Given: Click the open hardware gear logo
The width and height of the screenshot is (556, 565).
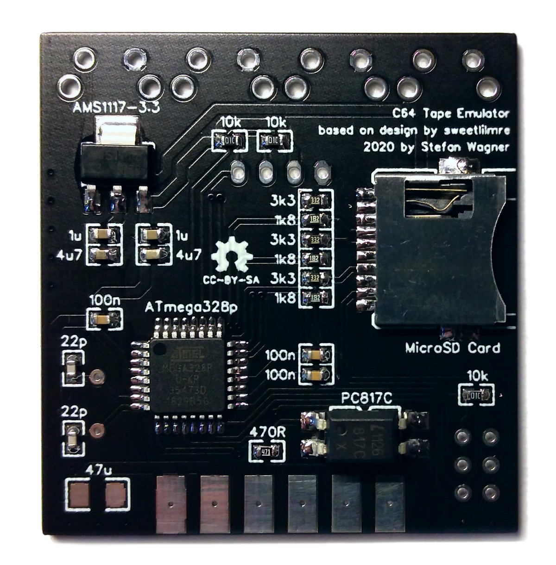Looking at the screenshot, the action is click(231, 255).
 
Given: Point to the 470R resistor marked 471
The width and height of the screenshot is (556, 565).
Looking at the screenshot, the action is click(266, 452).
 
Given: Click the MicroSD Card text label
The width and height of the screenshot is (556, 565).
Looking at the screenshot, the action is click(453, 348).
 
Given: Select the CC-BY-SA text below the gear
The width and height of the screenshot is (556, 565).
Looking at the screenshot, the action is click(230, 280).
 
